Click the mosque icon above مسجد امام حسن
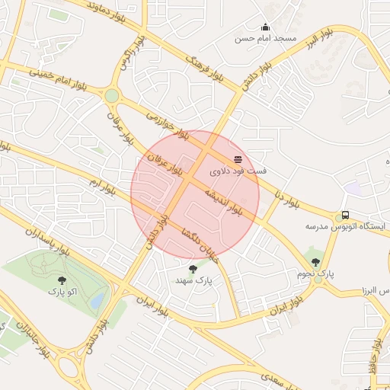[x=265, y=27]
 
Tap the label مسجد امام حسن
[x=265, y=38]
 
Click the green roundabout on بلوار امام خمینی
[x=113, y=95]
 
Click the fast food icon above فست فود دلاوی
[x=238, y=158]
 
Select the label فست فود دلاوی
[x=239, y=171]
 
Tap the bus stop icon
[x=345, y=215]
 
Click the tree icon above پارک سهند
[x=192, y=268]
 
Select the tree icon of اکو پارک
[x=62, y=280]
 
